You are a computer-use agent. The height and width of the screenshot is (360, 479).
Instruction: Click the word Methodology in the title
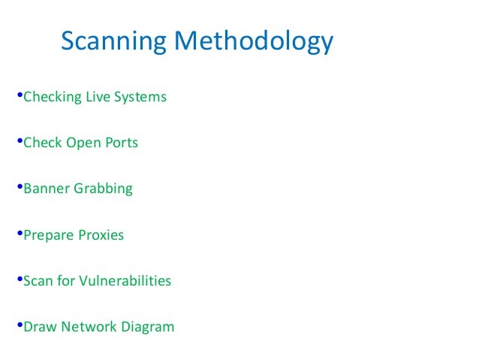click(253, 42)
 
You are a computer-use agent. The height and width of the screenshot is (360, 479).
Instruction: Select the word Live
click(95, 97)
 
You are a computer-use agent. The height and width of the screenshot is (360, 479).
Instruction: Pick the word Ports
click(120, 143)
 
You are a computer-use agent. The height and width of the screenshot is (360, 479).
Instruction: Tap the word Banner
click(47, 189)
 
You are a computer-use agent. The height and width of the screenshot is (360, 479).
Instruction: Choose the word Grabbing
click(103, 189)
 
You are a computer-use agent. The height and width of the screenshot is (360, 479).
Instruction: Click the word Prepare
click(48, 235)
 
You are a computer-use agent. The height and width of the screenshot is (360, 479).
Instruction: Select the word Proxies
click(101, 235)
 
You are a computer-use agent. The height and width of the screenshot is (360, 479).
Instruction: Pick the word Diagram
click(148, 328)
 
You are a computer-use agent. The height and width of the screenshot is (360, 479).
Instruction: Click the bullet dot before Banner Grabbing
click(19, 188)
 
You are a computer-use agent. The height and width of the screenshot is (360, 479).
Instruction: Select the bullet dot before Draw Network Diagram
click(19, 326)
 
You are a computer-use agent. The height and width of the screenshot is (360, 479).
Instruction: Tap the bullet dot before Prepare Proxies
click(19, 234)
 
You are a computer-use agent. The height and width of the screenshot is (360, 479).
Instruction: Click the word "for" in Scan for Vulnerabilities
click(66, 281)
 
